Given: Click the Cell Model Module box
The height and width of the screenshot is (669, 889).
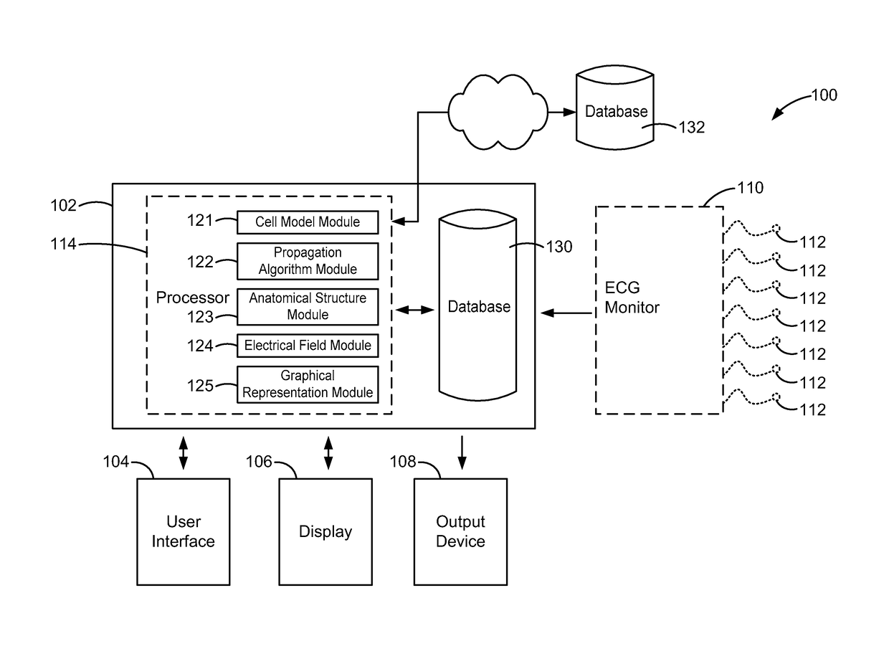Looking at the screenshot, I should click(x=308, y=222).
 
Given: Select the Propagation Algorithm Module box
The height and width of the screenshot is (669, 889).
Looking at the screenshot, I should click(x=308, y=261).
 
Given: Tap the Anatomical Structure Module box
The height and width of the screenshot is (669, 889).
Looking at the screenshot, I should click(x=308, y=306).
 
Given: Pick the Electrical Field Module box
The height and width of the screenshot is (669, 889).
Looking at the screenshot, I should click(x=308, y=346).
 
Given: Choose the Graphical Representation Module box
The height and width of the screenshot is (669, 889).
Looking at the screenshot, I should click(x=308, y=384).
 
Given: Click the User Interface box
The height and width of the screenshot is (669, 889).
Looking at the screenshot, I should click(x=183, y=531).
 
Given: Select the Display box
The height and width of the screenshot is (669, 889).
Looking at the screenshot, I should click(x=325, y=531).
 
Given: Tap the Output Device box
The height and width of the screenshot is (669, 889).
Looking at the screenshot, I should click(x=460, y=531).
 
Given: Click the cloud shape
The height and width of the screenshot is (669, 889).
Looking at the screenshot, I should click(x=498, y=112).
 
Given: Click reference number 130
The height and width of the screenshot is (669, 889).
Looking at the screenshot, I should click(x=559, y=247).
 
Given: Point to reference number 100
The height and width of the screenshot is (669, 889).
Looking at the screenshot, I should click(x=824, y=95).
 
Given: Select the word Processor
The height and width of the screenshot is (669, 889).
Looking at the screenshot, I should click(x=193, y=298).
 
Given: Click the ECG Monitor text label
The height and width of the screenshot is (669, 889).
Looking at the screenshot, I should click(x=632, y=298).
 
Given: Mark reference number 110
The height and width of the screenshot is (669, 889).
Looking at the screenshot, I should click(x=750, y=189).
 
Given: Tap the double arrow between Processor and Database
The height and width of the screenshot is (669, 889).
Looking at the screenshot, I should click(x=415, y=310).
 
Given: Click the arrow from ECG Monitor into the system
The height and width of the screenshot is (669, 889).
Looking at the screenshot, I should click(x=566, y=312).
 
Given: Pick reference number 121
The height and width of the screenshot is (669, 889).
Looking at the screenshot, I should click(x=200, y=220).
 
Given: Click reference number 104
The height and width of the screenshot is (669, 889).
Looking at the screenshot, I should click(x=115, y=462).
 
